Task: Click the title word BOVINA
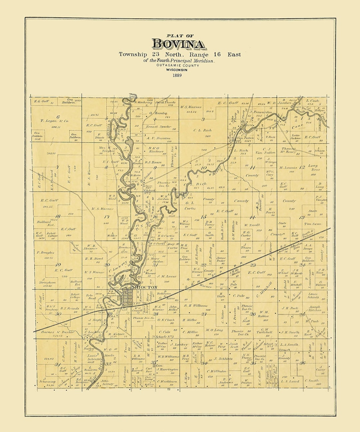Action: [178, 44]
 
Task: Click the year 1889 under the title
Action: [177, 75]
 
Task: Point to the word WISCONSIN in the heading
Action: [177, 70]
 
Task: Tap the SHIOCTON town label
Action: [144, 287]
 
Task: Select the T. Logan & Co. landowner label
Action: [54, 121]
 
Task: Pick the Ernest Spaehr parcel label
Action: [158, 127]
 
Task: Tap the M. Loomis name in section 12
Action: [289, 168]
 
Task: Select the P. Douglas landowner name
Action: [46, 253]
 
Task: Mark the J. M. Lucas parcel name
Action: [166, 276]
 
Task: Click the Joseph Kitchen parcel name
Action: [314, 308]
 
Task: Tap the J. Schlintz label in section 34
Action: [223, 359]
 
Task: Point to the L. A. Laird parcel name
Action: [290, 381]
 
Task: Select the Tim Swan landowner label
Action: [312, 224]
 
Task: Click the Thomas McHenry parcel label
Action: [288, 150]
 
